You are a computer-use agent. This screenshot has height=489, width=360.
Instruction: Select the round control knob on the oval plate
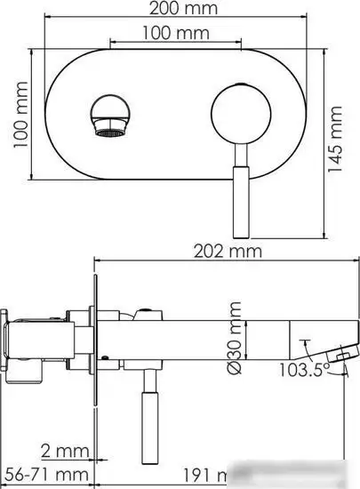click(x=242, y=117)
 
